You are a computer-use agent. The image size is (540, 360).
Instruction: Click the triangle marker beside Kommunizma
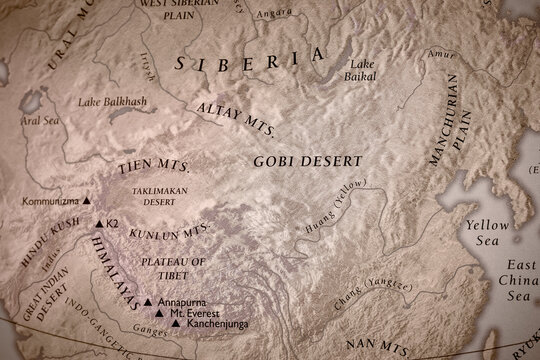coord(86,201)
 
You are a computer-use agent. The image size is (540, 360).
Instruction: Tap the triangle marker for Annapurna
coord(147,301)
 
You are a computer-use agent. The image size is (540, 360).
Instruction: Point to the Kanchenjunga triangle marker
coord(176,324)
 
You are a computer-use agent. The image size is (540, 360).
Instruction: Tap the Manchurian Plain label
coord(441,143)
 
